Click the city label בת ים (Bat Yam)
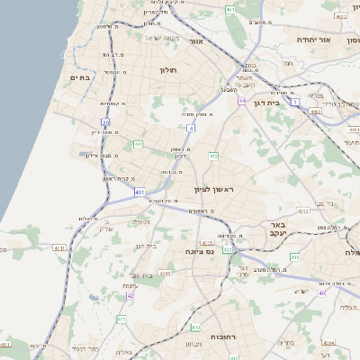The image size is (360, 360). coord(82,78)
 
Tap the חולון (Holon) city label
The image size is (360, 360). coord(167,69)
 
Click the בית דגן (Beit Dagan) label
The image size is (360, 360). coord(289,103)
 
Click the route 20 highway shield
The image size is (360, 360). coord(105,122)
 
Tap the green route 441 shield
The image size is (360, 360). coord(138,143)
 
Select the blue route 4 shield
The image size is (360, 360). coord(191,129)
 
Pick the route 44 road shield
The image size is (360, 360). coord(241,101)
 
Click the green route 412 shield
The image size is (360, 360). coord(213,157)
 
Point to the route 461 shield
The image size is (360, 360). coord(231,9)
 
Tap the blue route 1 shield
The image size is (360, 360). coord(296,103)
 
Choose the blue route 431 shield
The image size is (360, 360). coord(140,192)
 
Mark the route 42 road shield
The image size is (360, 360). coord(130,295)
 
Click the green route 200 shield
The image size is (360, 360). coord(294,257)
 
